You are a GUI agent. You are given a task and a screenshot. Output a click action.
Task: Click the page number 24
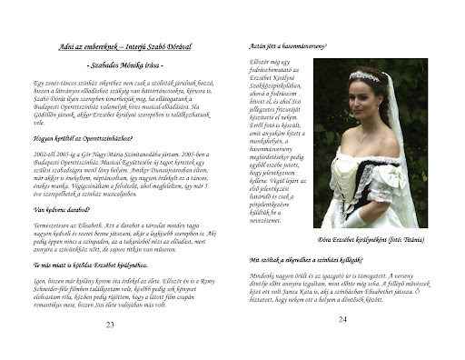pyautogui.click(x=342, y=319)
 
